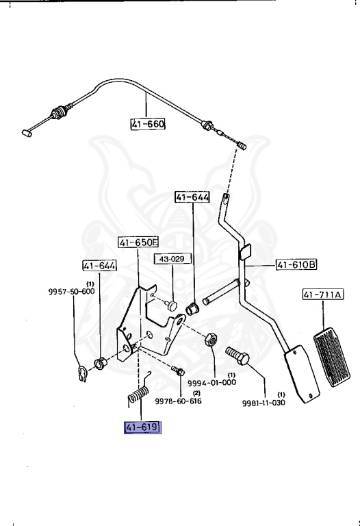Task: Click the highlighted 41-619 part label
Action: pyautogui.click(x=142, y=428)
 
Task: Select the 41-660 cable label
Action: pyautogui.click(x=148, y=125)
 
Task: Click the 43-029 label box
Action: pyautogui.click(x=172, y=260)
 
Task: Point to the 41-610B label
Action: pyautogui.click(x=297, y=264)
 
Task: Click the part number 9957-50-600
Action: pyautogui.click(x=71, y=291)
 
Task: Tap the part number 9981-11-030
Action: pyautogui.click(x=263, y=401)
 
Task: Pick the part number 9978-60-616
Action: pyautogui.click(x=178, y=401)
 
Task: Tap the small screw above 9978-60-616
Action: pyautogui.click(x=178, y=370)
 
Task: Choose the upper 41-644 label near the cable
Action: pyautogui.click(x=192, y=197)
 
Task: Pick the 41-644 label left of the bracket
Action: pyautogui.click(x=100, y=266)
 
